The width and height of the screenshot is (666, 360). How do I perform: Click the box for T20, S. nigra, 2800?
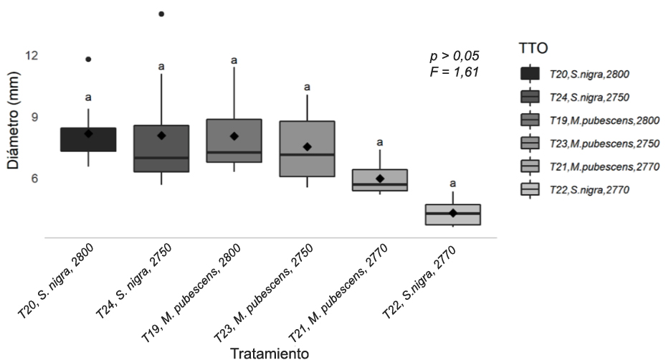click(x=88, y=139)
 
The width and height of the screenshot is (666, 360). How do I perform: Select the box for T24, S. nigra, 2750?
click(x=161, y=148)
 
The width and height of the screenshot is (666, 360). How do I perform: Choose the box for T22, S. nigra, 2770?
click(x=452, y=214)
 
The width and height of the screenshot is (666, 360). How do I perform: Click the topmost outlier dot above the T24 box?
click(x=161, y=14)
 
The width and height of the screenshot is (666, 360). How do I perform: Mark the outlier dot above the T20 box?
click(x=88, y=59)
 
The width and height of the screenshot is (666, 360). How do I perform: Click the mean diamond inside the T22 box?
click(x=452, y=213)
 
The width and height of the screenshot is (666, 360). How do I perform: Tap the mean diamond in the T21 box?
click(x=380, y=179)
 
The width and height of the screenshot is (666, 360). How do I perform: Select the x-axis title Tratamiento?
click(x=270, y=353)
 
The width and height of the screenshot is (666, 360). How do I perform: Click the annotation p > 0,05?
click(x=454, y=56)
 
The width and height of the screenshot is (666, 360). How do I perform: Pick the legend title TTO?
click(x=533, y=49)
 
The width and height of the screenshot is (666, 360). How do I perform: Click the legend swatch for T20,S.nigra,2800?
click(x=531, y=73)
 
